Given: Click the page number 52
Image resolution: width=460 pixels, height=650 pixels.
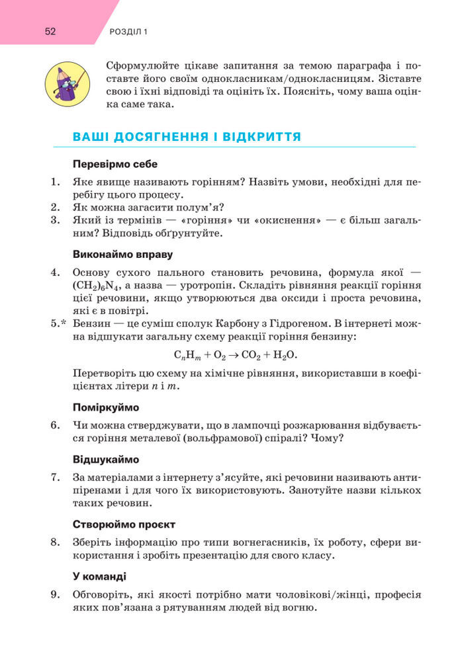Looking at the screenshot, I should point(50,31).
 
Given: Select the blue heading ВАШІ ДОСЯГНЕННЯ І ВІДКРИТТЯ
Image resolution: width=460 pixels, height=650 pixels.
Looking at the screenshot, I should point(187,137).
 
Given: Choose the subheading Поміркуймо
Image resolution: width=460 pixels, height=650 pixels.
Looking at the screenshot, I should point(106,407).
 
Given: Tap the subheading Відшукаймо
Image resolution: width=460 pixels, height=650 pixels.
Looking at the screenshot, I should point(106,459).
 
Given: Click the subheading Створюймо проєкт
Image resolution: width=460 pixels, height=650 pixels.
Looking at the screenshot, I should point(124,524).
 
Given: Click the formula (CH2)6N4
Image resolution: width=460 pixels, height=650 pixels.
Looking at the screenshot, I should point(96,286).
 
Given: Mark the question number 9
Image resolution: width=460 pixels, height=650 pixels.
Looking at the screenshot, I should point(56,594).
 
